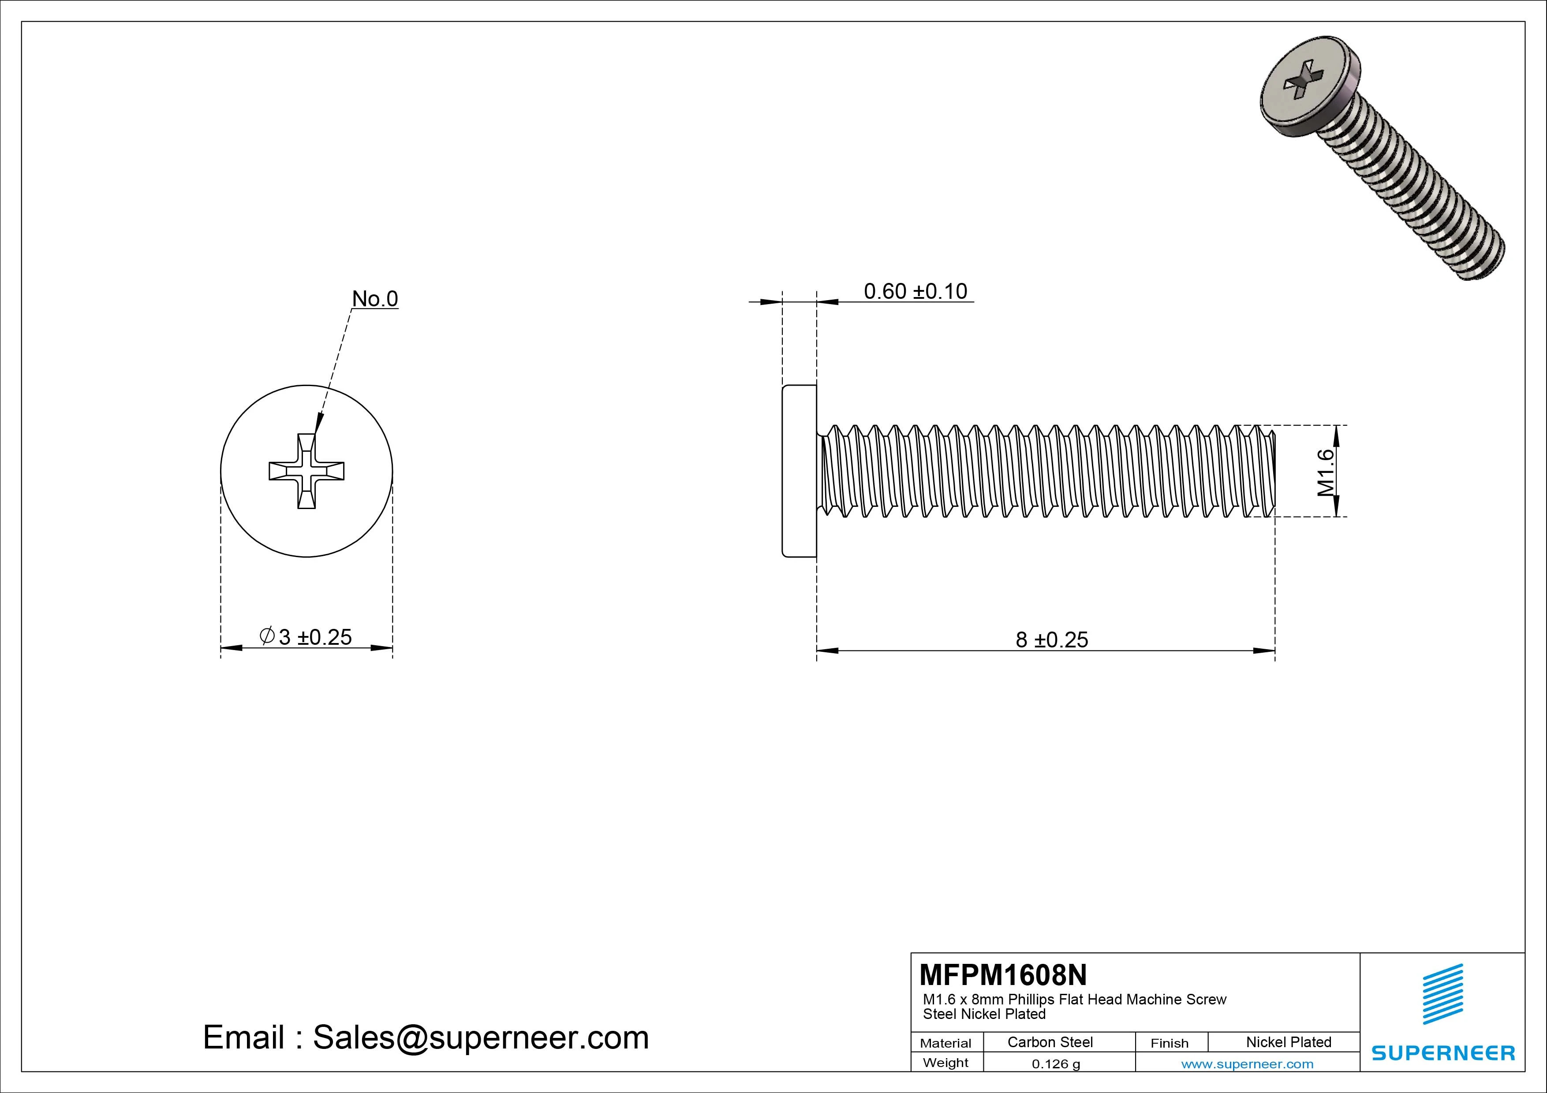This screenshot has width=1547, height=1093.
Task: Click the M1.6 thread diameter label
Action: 1325,472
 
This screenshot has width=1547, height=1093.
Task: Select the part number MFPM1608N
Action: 1002,974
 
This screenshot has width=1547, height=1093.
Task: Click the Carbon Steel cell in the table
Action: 1050,1042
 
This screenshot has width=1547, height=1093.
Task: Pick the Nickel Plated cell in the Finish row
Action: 1288,1042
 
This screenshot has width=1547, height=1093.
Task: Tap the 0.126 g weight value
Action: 1056,1064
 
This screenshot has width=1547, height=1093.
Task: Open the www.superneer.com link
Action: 1247,1064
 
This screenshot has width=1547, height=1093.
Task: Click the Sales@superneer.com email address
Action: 480,1038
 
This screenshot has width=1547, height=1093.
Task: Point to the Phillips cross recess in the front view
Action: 306,471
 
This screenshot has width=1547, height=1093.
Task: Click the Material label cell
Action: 945,1043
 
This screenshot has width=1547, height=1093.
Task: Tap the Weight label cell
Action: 945,1063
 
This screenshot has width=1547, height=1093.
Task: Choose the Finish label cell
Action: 1169,1043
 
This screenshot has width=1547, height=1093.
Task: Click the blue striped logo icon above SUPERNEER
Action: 1442,994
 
